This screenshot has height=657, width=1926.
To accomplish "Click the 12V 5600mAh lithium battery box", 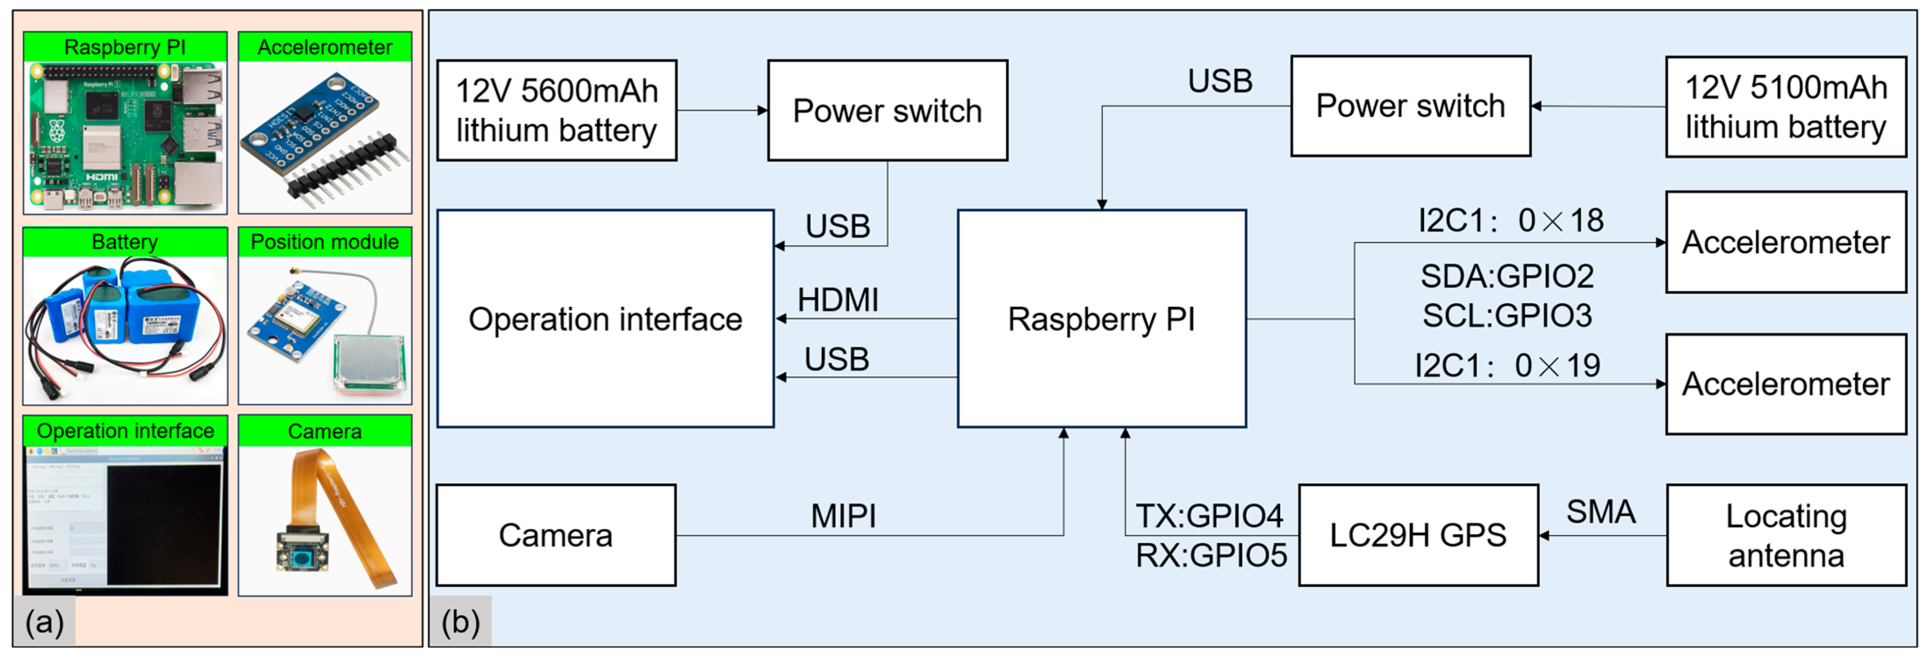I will [x=556, y=111].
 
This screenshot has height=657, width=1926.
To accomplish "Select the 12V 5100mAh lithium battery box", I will [x=1786, y=107].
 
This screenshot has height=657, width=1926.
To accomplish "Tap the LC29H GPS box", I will [x=1417, y=535].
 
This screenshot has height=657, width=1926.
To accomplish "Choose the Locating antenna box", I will [x=1786, y=535].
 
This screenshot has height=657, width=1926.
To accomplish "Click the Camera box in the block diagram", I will [x=556, y=535].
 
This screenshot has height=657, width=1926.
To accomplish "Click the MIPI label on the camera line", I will [x=843, y=516].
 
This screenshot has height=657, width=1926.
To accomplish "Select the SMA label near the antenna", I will [x=1600, y=512].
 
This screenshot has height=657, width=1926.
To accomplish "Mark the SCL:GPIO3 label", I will [x=1506, y=316].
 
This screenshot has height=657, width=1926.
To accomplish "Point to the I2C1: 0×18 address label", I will [x=1510, y=220].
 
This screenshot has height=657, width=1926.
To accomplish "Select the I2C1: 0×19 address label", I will [x=1506, y=366].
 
